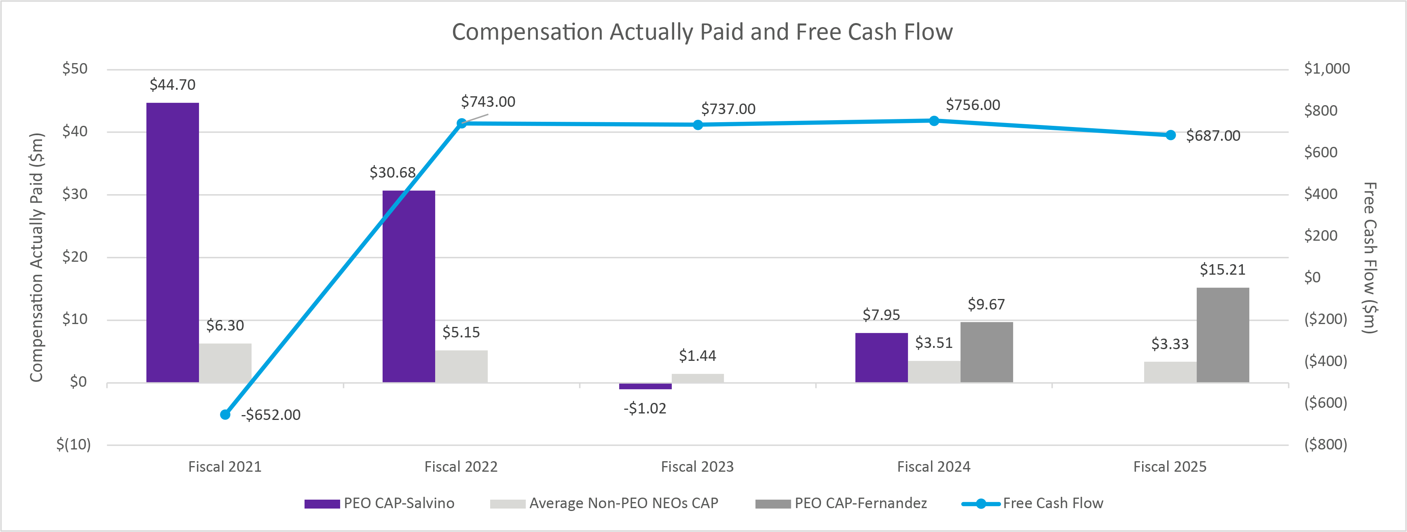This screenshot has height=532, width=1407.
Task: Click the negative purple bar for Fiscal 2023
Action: (x=645, y=386)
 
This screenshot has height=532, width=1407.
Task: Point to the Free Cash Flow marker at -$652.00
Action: (x=225, y=415)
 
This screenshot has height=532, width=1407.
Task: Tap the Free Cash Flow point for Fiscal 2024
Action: (x=934, y=121)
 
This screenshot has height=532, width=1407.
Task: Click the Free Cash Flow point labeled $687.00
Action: (x=1170, y=135)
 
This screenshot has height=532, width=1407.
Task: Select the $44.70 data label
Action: (x=173, y=85)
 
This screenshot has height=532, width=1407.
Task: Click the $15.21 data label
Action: (x=1223, y=270)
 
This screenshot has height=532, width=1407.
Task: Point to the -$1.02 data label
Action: (x=645, y=409)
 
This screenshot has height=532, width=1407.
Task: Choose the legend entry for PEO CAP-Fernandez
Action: (x=860, y=503)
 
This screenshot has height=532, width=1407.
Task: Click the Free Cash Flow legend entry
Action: (x=1052, y=503)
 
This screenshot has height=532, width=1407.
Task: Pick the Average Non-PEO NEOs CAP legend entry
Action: (x=623, y=503)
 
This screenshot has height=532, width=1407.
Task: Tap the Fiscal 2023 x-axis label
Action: (x=698, y=467)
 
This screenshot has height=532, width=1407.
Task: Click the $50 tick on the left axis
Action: (x=75, y=69)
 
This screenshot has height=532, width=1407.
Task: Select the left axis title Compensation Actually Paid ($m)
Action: (x=36, y=257)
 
